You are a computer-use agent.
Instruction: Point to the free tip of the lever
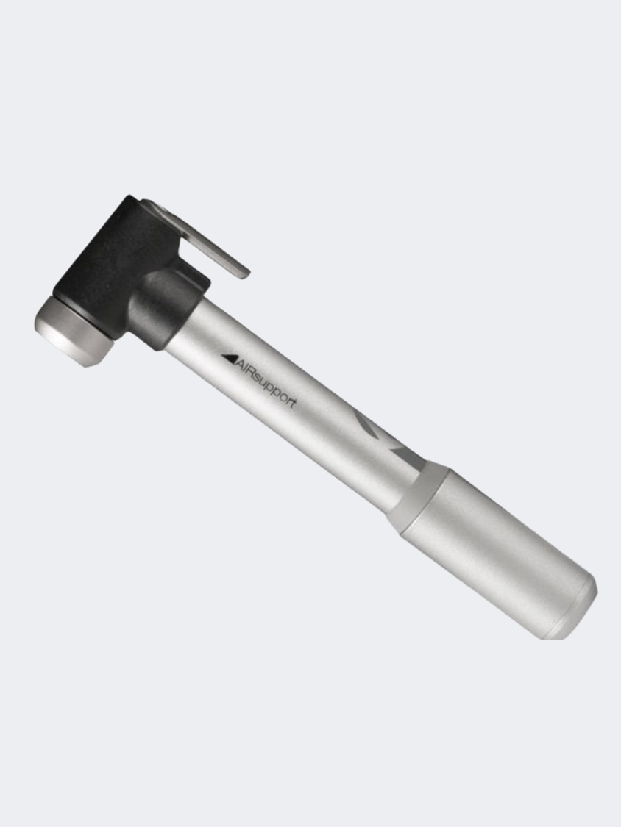245,273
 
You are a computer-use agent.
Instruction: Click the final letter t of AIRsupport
293,404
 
